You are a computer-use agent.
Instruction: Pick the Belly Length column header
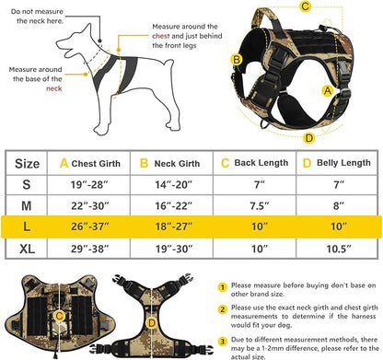335,163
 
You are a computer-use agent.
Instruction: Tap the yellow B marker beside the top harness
237,60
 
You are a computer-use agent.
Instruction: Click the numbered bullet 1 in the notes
223,287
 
